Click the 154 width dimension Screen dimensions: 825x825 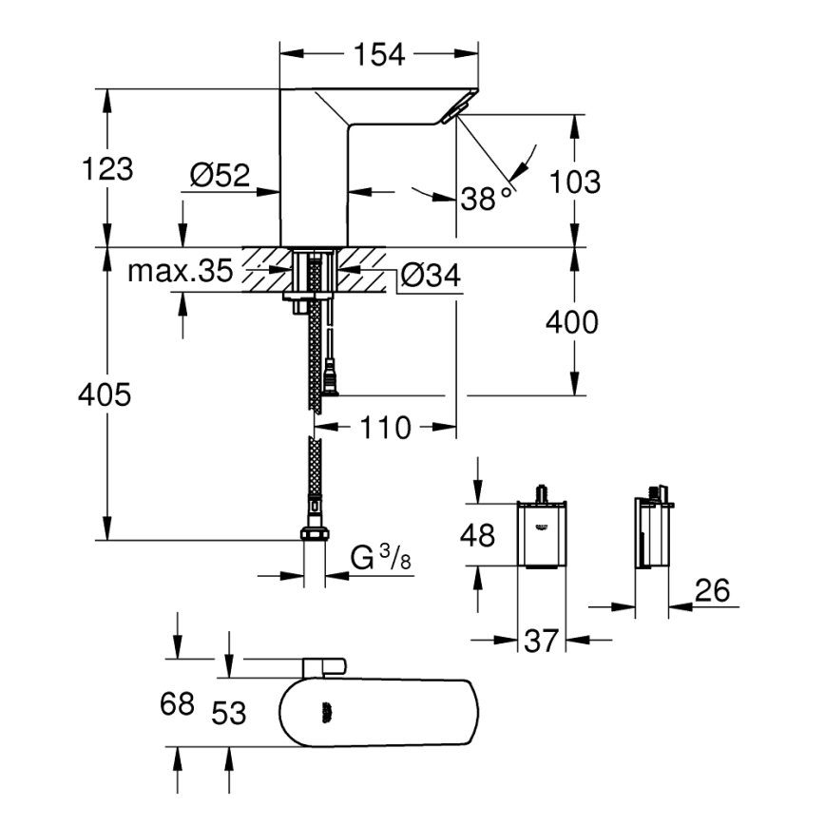click(380, 55)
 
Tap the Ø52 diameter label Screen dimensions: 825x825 click(219, 174)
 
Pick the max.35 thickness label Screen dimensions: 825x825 click(181, 272)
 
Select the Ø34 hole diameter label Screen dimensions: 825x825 click(430, 276)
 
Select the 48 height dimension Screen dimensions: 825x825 click(477, 536)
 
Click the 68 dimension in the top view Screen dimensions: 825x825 click(177, 705)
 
